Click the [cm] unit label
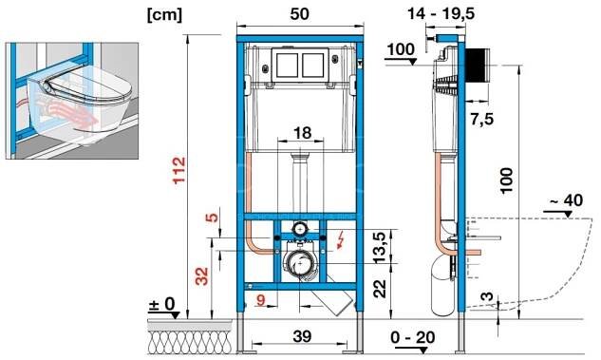pyautogui.click(x=164, y=16)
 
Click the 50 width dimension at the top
pyautogui.click(x=299, y=14)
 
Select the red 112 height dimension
pyautogui.click(x=179, y=171)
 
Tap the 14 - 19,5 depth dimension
pyautogui.click(x=441, y=14)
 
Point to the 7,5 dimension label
pyautogui.click(x=482, y=120)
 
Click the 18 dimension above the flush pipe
pyautogui.click(x=303, y=133)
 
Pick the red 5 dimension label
pyautogui.click(x=212, y=217)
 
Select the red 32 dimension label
pyautogui.click(x=202, y=276)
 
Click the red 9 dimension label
pyautogui.click(x=261, y=299)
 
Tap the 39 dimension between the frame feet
pyautogui.click(x=303, y=336)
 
